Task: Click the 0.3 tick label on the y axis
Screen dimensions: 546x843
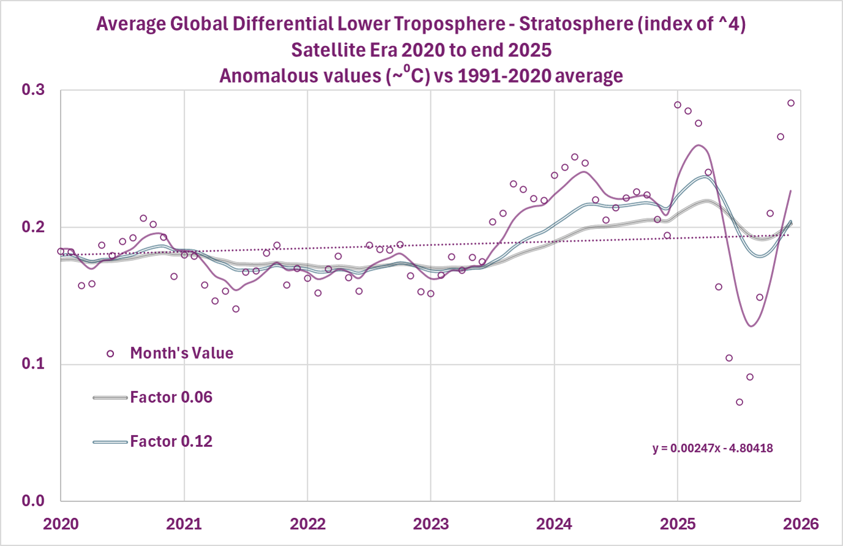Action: tap(33, 90)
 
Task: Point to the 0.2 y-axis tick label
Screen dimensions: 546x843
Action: tap(33, 227)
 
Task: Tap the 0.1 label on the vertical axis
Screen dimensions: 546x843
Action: tap(33, 364)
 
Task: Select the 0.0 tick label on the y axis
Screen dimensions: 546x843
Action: tap(33, 501)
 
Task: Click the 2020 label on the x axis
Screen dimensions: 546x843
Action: tap(61, 524)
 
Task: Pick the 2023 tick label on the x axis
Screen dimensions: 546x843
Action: tap(430, 524)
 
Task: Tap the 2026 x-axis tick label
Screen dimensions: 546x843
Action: tap(801, 524)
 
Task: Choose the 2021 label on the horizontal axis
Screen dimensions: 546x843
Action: tap(184, 524)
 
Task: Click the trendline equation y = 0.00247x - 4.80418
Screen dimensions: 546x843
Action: tap(713, 448)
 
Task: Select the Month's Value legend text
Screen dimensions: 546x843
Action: tap(181, 353)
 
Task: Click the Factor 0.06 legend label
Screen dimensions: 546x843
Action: tap(171, 397)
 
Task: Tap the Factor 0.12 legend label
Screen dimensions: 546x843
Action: tap(171, 441)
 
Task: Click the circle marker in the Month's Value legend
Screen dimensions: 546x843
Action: tap(110, 354)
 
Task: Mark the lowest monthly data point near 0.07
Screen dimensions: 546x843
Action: tap(739, 402)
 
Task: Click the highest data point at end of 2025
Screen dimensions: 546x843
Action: tap(790, 103)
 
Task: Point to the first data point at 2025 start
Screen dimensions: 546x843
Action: tap(678, 105)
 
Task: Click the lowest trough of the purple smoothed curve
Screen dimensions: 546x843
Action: tap(751, 326)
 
